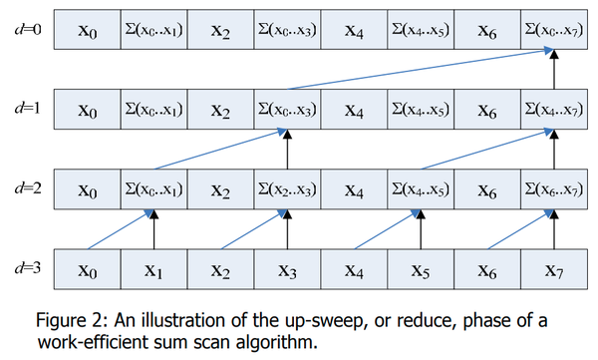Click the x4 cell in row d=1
point(353,107)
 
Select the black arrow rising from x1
point(154,231)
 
